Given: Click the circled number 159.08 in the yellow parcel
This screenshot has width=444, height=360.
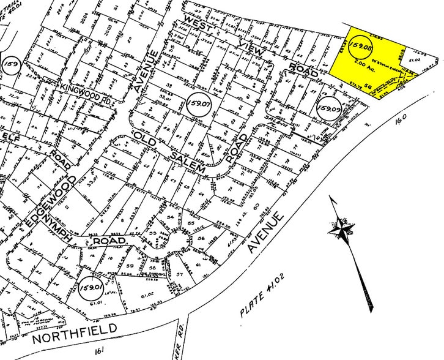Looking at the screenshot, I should [x=361, y=45].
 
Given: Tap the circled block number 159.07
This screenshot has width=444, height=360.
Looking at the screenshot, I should [x=201, y=100].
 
